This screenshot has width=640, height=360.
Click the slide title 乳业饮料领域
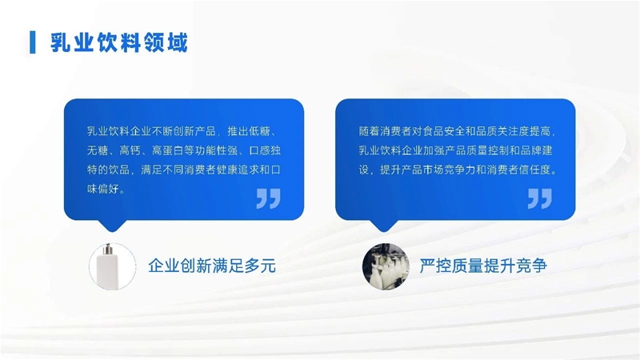tap(118, 42)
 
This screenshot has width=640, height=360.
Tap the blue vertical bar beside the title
tap(33, 42)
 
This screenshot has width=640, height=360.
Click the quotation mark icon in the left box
tap(268, 198)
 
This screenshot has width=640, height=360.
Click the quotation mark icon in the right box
tap(539, 198)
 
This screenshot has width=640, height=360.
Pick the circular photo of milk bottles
tap(386, 266)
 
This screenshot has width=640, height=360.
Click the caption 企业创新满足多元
tap(212, 266)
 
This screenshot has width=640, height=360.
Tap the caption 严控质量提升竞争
tap(483, 266)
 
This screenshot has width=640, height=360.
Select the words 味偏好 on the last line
tap(103, 189)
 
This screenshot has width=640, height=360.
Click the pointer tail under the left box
tap(112, 226)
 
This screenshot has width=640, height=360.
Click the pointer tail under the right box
tap(384, 226)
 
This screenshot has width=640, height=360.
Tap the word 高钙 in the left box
tap(130, 150)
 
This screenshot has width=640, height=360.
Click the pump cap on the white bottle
tap(109, 249)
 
